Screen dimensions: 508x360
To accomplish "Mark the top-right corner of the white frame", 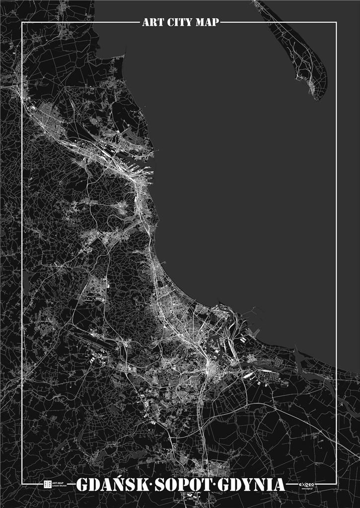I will pos(337,22).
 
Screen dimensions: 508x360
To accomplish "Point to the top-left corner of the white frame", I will pos(22,22).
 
